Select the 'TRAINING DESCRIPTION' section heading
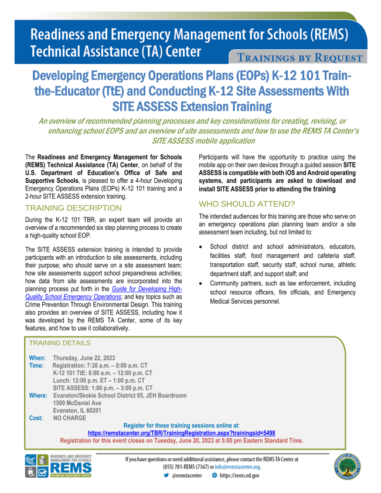tap(74, 208)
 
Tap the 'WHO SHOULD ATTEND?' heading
tap(247, 204)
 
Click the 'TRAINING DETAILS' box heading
tap(61, 342)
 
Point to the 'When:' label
tap(37, 358)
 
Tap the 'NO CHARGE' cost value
tap(69, 418)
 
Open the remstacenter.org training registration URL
tap(181, 433)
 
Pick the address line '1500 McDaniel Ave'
tap(77, 403)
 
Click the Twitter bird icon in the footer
tap(166, 475)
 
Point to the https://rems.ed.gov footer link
tap(239, 475)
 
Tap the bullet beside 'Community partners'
tap(202, 284)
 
